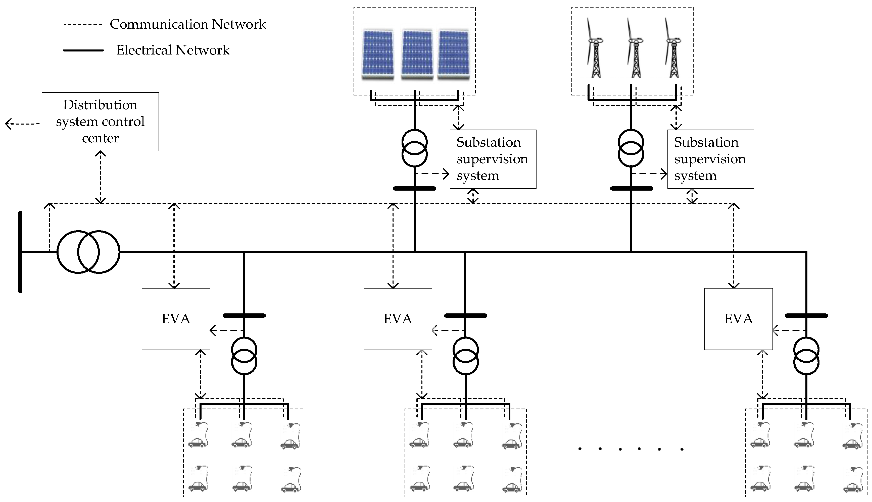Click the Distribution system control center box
click(100, 121)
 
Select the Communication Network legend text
click(188, 24)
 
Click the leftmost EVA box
click(176, 319)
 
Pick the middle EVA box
click(398, 319)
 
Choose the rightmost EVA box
click(738, 319)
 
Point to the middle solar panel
click(417, 54)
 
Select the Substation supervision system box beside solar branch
click(493, 159)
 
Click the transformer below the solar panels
click(414, 148)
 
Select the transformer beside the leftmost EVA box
click(244, 356)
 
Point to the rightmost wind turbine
click(673, 48)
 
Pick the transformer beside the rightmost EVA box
click(806, 356)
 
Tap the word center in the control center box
click(100, 138)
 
